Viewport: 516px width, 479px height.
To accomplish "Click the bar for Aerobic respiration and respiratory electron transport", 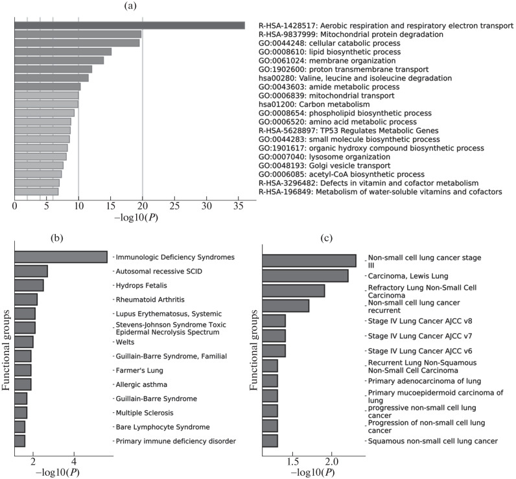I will [x=130, y=25].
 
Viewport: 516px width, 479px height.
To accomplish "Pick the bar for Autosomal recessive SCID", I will [x=30, y=271].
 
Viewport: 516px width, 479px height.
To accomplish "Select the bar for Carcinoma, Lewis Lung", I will [x=305, y=276].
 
